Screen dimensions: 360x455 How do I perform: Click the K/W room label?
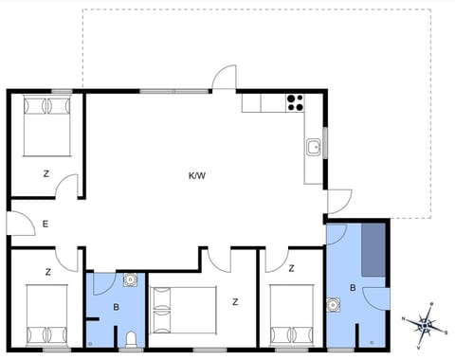point(197,174)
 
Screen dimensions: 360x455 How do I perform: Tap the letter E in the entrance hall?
point(45,225)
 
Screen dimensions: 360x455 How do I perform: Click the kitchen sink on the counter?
point(313,148)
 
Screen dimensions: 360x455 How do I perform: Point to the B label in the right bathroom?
point(353,287)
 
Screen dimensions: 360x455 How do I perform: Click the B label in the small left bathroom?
point(116,307)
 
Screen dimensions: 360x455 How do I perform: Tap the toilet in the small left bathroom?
point(130,339)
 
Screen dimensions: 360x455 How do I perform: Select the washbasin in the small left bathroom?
point(130,279)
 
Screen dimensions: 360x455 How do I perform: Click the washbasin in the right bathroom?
point(334,305)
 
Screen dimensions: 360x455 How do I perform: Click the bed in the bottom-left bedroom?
point(47,319)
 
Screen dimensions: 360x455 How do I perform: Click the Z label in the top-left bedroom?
point(45,174)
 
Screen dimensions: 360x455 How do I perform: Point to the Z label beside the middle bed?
point(234,302)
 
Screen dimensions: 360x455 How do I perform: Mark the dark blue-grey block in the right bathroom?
point(373,251)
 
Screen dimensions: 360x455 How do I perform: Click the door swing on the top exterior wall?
point(223,79)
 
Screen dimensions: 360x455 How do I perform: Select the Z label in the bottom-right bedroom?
point(292,269)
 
